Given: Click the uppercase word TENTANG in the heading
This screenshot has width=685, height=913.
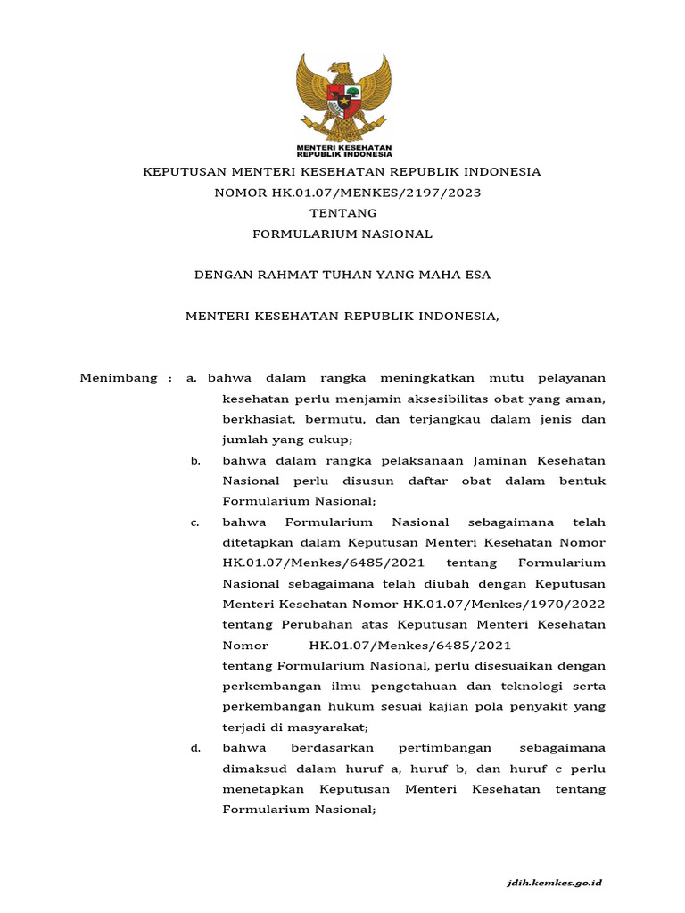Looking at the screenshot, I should tap(342, 213).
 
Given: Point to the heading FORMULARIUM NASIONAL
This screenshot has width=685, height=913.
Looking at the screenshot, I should tap(342, 234).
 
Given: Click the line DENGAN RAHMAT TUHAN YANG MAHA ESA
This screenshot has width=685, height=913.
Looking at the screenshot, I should tap(342, 275).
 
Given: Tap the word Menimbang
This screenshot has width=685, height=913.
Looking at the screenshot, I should tap(120, 378).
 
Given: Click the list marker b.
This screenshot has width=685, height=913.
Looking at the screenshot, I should tap(194, 460).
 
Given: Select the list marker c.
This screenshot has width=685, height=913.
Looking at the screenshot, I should tap(194, 522).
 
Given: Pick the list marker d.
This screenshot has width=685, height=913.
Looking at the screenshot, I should tap(194, 748).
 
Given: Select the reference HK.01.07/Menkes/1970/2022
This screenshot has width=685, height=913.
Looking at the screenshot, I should tap(504, 605).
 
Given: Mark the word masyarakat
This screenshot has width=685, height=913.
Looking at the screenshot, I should tap(309, 728).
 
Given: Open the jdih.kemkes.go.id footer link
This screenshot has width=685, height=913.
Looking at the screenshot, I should tap(553, 883).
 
